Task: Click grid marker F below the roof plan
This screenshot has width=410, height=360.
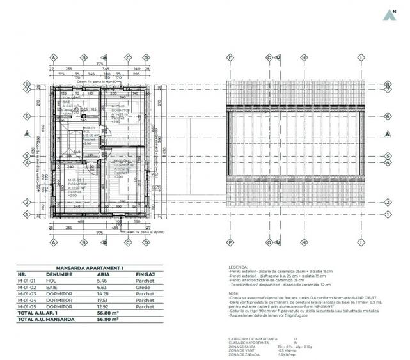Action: (230, 244)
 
